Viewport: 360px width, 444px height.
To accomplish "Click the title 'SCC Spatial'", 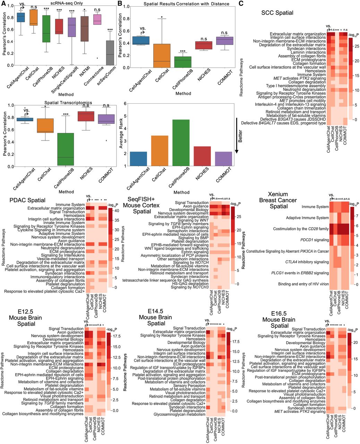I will click(277, 13).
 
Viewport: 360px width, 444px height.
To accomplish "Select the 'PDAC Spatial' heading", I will click(27, 200).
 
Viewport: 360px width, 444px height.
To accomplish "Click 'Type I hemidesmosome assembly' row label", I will click(296, 86).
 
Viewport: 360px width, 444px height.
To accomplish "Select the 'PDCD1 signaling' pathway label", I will click(301, 240).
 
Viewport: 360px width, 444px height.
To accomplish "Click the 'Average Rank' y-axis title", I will click(121, 135).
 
